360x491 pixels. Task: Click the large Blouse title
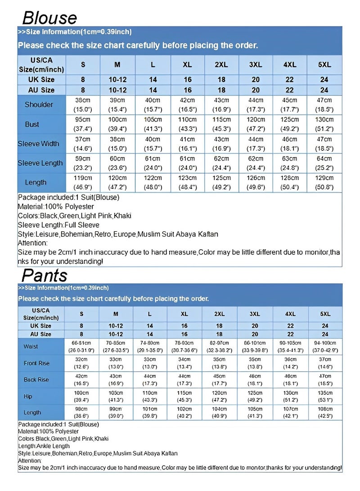[x=49, y=18]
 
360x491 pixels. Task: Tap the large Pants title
[x=45, y=275]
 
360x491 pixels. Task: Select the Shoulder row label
[x=39, y=105]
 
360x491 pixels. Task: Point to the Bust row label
[x=32, y=124]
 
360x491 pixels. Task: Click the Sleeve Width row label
[x=39, y=144]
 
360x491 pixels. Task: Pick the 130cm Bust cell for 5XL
[x=324, y=124]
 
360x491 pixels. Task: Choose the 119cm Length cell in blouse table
[x=82, y=182]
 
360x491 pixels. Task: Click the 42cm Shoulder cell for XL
[x=187, y=105]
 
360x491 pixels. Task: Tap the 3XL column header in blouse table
[x=256, y=65]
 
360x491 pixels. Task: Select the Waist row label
[x=31, y=347]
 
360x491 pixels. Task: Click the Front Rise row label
[x=37, y=363]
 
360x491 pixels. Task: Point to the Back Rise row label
[x=36, y=380]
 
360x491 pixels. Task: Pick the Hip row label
[x=28, y=396]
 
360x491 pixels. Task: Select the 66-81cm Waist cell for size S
[x=81, y=347]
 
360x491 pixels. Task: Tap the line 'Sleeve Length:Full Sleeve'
[x=59, y=225]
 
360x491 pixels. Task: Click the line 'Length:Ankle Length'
[x=44, y=446]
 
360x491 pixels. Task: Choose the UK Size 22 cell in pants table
[x=290, y=326]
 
